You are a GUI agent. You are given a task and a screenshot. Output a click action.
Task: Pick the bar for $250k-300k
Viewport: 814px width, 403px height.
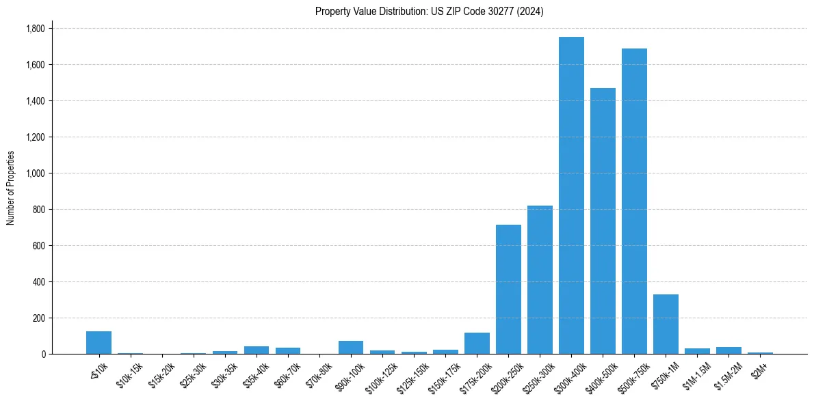point(540,279)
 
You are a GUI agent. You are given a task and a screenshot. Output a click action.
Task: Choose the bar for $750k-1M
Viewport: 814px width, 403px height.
point(666,324)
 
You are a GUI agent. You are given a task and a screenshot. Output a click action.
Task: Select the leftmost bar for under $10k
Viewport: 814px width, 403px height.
point(99,342)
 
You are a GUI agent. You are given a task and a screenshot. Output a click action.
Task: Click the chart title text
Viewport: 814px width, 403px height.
point(429,12)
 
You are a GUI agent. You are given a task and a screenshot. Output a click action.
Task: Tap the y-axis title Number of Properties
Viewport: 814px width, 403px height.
point(10,187)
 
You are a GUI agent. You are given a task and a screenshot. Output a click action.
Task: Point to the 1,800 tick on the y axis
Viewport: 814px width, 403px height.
point(36,29)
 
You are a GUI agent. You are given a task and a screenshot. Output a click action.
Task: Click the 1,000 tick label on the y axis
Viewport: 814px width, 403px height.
point(36,173)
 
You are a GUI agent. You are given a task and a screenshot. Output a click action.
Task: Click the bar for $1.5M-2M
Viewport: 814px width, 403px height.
point(728,350)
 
